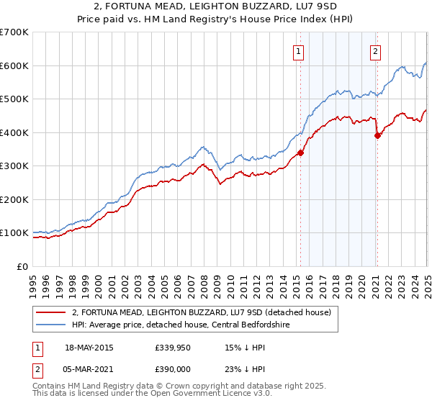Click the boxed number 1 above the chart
(x=298, y=50)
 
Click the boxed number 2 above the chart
(x=376, y=50)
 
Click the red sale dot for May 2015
(x=300, y=153)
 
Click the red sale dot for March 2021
(x=377, y=135)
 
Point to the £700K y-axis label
(x=14, y=32)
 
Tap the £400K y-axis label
(x=14, y=132)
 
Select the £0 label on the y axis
(x=23, y=266)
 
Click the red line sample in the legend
(x=51, y=312)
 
